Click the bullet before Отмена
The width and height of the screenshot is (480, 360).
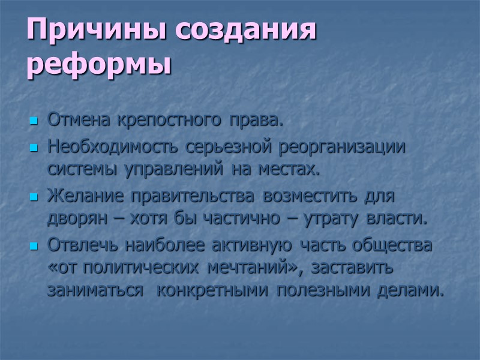pyautogui.click(x=34, y=122)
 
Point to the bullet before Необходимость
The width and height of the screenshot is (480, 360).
pyautogui.click(x=34, y=148)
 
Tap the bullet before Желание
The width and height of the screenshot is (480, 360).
pyautogui.click(x=34, y=197)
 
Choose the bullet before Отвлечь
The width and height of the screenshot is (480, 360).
pyautogui.click(x=34, y=247)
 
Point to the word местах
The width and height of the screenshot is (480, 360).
pyautogui.click(x=290, y=170)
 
